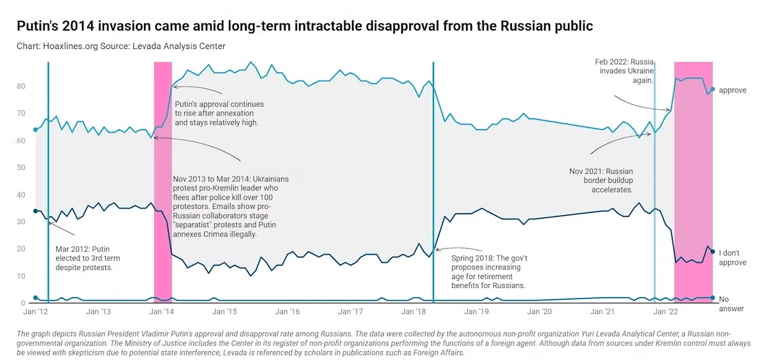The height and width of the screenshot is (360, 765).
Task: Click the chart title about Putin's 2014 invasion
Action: (x=305, y=26)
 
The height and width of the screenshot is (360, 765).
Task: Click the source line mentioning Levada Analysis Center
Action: (x=121, y=46)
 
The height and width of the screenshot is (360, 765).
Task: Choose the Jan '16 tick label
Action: (x=287, y=312)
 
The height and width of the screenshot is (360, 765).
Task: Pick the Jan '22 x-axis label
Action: (x=665, y=312)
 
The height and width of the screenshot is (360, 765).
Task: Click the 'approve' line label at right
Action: (x=732, y=90)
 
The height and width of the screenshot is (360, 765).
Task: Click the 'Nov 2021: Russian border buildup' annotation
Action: (x=601, y=180)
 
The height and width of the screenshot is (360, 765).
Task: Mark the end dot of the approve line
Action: (x=713, y=89)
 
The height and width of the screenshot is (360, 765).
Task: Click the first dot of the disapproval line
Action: (x=35, y=211)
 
